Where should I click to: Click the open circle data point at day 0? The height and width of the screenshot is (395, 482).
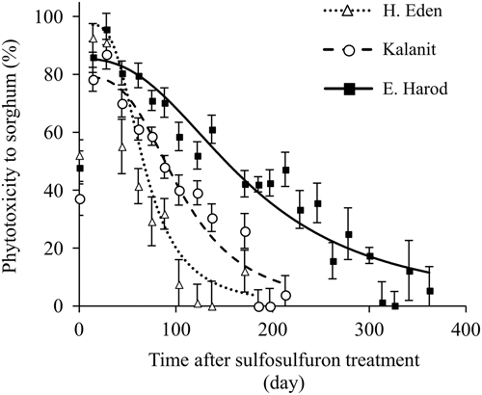point(79,199)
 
